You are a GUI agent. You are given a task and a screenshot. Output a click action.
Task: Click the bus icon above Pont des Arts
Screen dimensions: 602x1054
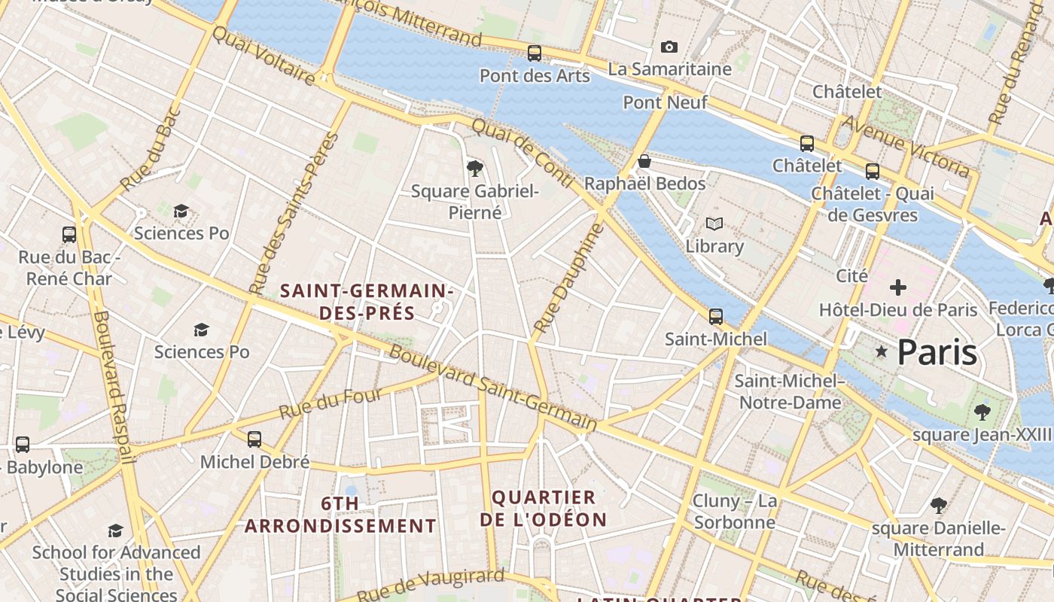tap(534, 53)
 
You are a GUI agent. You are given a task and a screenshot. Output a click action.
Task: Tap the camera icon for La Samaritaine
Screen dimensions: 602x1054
tap(669, 47)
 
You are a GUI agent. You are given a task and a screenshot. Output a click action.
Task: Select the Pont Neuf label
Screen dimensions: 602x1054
tap(665, 102)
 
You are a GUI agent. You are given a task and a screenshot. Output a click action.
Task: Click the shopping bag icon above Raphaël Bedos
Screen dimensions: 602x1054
tap(644, 161)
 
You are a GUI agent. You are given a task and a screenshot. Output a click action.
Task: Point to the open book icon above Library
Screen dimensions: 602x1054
tap(714, 223)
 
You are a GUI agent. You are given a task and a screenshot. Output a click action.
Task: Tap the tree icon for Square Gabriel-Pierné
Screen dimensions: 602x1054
tap(474, 168)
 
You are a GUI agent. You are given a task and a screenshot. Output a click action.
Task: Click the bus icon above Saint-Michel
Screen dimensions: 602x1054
tap(715, 317)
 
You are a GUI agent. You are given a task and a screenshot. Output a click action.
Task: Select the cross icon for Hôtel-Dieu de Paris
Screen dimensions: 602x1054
tap(897, 287)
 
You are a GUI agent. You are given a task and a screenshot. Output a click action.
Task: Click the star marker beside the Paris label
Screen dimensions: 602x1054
tap(881, 351)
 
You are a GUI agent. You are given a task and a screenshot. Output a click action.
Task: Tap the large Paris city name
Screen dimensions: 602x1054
tap(937, 352)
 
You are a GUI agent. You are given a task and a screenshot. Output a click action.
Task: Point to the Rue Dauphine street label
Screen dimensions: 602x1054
tap(568, 278)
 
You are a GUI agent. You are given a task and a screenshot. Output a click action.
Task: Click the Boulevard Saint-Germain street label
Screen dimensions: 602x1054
tap(493, 389)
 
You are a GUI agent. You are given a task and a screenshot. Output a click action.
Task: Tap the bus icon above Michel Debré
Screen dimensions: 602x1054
tap(254, 439)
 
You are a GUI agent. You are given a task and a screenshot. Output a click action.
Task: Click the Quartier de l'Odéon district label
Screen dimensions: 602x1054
tap(543, 509)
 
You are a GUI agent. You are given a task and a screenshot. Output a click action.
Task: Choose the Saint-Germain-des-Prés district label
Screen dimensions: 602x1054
tap(367, 301)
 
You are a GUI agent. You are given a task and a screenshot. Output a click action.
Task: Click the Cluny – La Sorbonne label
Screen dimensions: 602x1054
tap(734, 512)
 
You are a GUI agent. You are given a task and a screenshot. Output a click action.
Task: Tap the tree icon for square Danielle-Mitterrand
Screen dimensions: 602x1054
tap(938, 505)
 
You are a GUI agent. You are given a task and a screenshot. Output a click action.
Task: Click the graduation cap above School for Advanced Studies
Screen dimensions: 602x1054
tap(115, 531)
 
